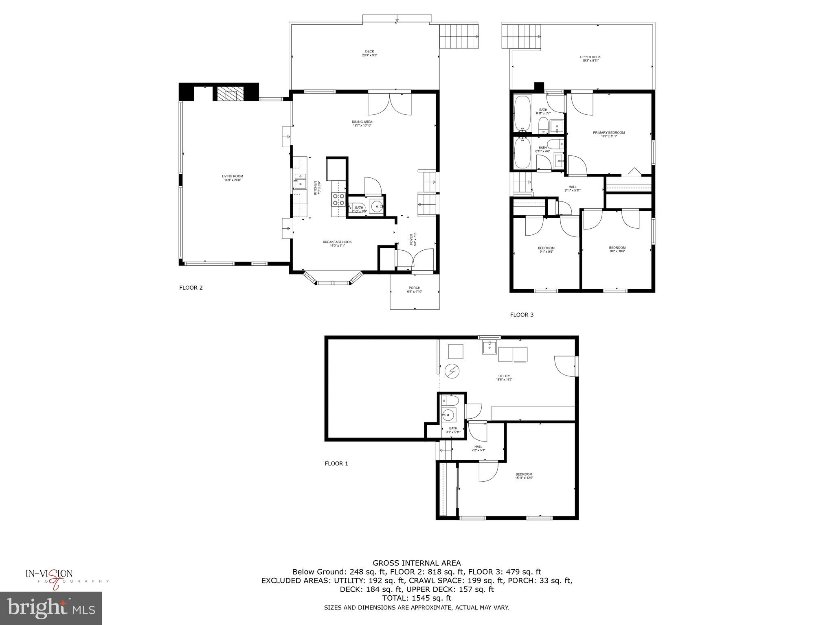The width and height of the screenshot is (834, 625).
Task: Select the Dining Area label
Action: coord(362,123)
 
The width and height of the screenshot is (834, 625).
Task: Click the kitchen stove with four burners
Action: coord(339,199)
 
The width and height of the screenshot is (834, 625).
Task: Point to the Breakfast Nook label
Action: coord(337,244)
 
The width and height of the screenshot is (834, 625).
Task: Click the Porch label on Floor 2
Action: coord(414,289)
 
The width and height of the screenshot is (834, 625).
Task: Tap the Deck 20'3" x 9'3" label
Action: coord(369,53)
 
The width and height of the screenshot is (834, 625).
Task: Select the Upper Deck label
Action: coord(590,59)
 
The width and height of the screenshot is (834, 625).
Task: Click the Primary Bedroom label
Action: coord(608,134)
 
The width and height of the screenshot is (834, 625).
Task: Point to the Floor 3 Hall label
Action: coord(572,188)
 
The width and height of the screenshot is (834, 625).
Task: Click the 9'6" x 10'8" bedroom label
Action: coord(617,249)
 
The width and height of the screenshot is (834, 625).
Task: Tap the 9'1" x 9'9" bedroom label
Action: coord(546,249)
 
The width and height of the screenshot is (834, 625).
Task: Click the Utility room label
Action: coord(504,378)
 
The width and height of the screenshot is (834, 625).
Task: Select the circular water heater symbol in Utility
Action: coord(451,371)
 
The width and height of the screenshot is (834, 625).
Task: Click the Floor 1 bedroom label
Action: coord(524,476)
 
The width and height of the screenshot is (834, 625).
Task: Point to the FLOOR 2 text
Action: coord(191,288)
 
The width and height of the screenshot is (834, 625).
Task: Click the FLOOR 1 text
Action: coord(336,463)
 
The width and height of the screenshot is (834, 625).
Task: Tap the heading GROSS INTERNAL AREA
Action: coord(417,563)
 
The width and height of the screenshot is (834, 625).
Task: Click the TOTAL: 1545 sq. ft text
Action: coord(417,598)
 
